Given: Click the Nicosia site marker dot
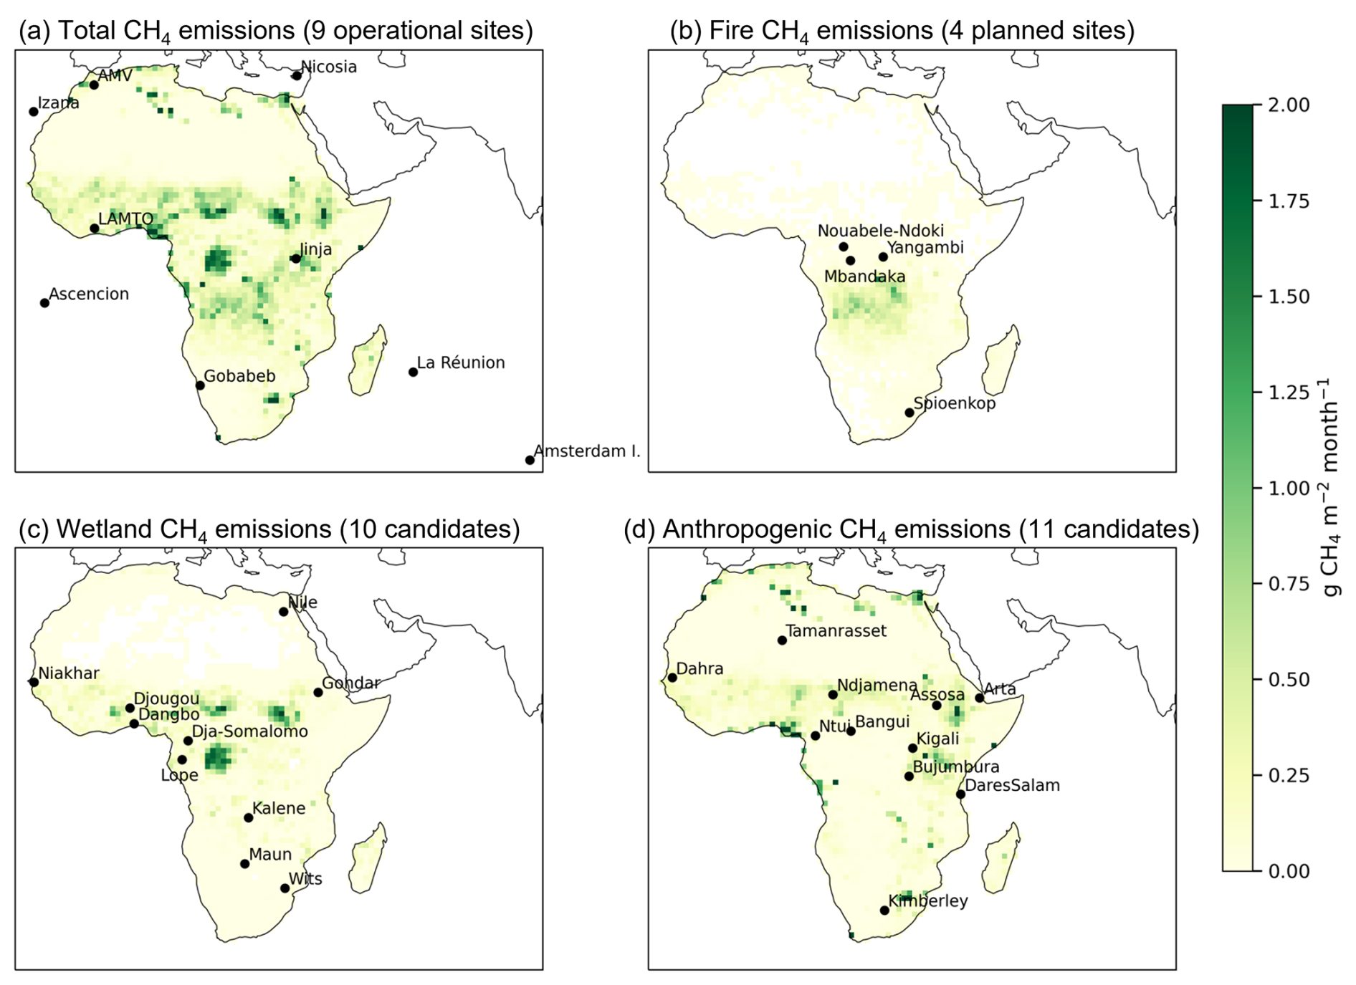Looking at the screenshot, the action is tap(297, 75).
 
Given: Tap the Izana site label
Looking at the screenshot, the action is tap(59, 102).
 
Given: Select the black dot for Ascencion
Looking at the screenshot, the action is tap(44, 303).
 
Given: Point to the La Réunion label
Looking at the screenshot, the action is tap(461, 362).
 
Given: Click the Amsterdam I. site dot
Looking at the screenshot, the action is tap(530, 460).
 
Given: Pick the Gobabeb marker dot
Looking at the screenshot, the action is tap(200, 385).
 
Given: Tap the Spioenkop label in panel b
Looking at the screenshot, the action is tap(955, 404).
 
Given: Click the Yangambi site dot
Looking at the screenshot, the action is tap(883, 256).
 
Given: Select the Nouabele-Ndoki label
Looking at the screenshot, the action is tap(881, 231).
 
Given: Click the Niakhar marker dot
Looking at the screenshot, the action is tap(34, 682).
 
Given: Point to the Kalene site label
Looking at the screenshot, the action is tap(279, 808).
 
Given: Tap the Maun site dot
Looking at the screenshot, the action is tap(244, 864).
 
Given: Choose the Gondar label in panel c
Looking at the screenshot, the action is tap(350, 683).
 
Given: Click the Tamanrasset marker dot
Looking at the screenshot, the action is tap(782, 640).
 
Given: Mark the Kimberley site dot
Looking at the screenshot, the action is tap(884, 910).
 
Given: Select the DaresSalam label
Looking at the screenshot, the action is tap(1012, 785).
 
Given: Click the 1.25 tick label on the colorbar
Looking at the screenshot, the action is tap(1289, 393).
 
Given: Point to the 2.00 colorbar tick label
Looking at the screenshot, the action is tap(1289, 105).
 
